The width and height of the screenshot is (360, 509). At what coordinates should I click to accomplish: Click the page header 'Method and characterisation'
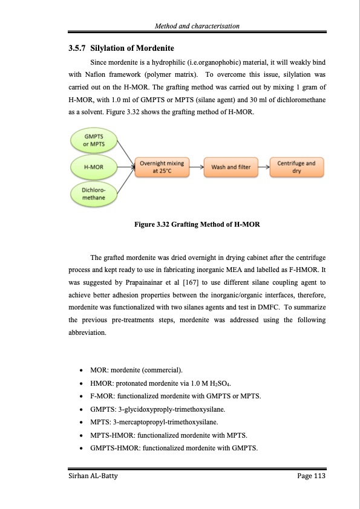(197, 26)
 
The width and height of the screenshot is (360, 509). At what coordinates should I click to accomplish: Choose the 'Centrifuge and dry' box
(296, 166)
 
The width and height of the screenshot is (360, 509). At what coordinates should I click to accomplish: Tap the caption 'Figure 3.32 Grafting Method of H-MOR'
(197, 225)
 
